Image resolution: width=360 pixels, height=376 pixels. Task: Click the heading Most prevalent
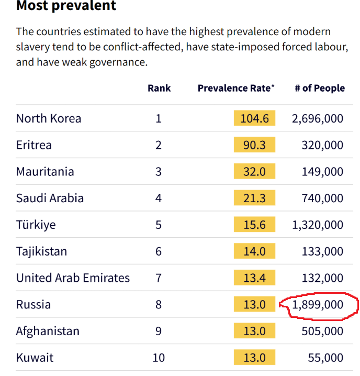(66, 6)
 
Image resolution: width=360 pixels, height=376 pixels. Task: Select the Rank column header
(159, 88)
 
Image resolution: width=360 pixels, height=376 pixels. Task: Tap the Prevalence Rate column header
(235, 88)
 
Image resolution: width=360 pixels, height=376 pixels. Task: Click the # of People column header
(320, 88)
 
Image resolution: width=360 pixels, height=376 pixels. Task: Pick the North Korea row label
(49, 118)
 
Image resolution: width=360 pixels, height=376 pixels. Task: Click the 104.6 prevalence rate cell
(254, 118)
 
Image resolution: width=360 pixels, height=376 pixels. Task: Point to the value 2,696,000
(318, 118)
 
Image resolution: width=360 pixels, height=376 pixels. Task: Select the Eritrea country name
(34, 145)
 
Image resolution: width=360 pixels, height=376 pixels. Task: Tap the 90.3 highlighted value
(254, 145)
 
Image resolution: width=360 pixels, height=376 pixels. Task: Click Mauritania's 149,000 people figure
(322, 172)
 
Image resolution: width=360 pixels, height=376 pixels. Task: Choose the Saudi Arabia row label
(50, 198)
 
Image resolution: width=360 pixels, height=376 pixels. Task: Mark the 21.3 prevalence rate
(254, 198)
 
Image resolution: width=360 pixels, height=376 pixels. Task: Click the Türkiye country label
(36, 225)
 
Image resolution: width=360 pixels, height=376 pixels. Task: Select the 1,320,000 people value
(318, 225)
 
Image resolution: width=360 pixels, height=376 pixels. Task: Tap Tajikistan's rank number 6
(159, 252)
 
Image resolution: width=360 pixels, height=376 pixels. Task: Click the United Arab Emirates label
(73, 278)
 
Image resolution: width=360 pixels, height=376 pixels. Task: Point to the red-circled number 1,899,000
(318, 305)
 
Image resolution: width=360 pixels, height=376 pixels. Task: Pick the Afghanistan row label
(48, 331)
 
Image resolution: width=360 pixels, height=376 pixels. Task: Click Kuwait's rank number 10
(159, 358)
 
